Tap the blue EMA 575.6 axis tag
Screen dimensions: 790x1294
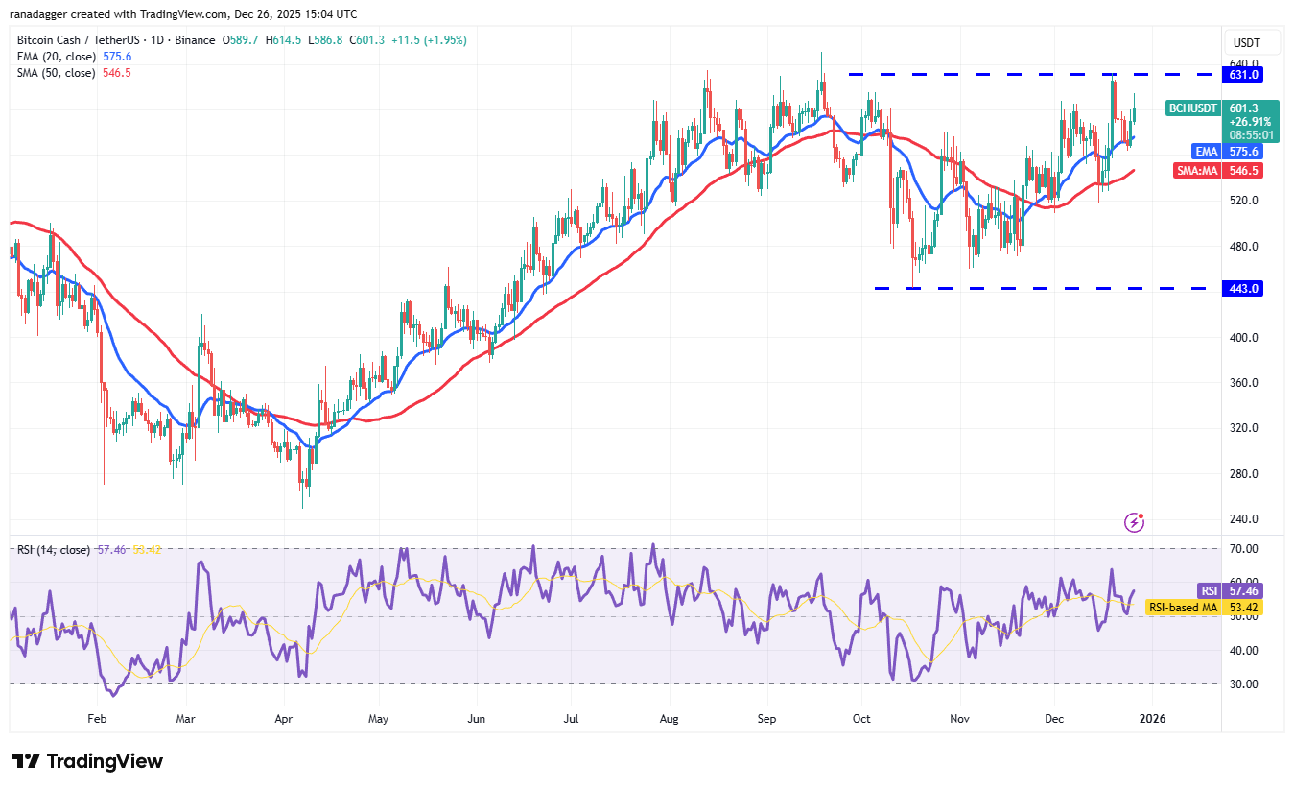click(x=1246, y=151)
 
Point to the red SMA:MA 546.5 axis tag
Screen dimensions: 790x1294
click(x=1246, y=170)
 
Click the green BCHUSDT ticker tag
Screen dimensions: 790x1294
click(x=1191, y=108)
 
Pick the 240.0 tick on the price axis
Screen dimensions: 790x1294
click(x=1246, y=519)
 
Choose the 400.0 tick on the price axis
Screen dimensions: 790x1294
click(x=1246, y=338)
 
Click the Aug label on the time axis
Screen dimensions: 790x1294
click(x=670, y=717)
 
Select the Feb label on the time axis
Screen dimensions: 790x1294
click(x=96, y=717)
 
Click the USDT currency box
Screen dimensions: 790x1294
click(x=1246, y=43)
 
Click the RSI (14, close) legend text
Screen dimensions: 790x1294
click(x=54, y=550)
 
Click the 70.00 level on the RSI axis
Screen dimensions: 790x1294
click(x=1244, y=549)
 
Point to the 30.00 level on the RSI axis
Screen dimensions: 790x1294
click(x=1244, y=684)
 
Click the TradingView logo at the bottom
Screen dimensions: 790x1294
click(x=87, y=761)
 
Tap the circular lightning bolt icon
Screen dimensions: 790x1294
click(x=1134, y=522)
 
